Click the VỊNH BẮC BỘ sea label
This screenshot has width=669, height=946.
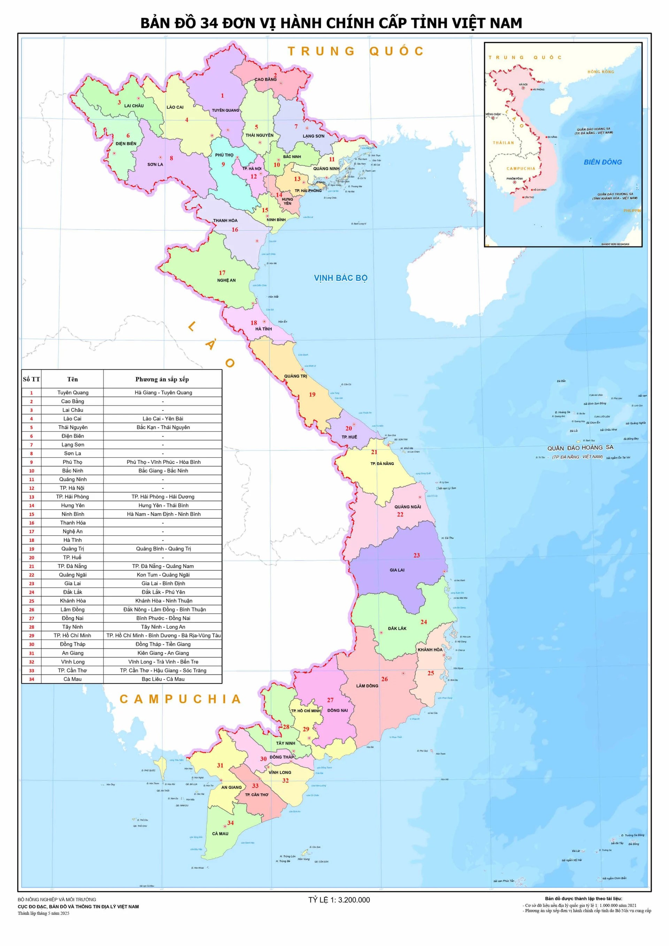[x=340, y=278]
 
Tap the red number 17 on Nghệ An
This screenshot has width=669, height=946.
[x=222, y=273]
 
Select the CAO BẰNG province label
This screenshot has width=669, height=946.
[x=265, y=79]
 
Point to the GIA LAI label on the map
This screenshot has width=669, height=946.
[x=397, y=570]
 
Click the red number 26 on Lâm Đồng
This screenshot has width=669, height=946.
[x=384, y=679]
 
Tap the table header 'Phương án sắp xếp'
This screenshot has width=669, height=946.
[x=162, y=379]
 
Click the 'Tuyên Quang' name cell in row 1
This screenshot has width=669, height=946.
[x=72, y=393]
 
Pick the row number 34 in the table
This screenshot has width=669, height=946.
[x=32, y=679]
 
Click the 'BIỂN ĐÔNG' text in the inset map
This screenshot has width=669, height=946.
[x=602, y=162]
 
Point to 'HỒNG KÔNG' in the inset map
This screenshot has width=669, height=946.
[x=600, y=72]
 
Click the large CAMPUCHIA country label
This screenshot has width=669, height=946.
[x=180, y=699]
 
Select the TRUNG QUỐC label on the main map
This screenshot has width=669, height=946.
[x=355, y=51]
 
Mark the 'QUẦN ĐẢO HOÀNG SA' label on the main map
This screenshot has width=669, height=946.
[x=580, y=448]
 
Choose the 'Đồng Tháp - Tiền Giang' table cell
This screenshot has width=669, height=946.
[x=163, y=644]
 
